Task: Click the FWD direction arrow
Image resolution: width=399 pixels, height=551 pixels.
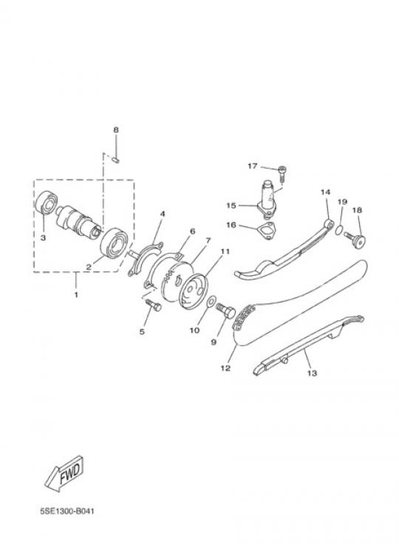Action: tap(64, 474)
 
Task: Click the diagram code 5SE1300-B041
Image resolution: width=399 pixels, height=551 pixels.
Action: tap(67, 510)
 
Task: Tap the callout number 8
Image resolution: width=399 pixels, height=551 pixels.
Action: tap(116, 130)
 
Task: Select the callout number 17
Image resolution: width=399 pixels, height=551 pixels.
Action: tap(252, 166)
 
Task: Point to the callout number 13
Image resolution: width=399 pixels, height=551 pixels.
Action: tap(312, 373)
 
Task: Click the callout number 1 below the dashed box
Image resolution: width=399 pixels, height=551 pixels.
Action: tap(76, 294)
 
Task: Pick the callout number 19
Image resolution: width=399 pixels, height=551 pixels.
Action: tap(342, 202)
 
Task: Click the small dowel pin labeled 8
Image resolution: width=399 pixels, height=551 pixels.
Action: tap(116, 160)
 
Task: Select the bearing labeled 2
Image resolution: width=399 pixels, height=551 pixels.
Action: tap(114, 243)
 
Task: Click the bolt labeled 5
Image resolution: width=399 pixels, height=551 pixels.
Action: tap(153, 305)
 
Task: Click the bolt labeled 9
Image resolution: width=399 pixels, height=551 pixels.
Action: tap(225, 311)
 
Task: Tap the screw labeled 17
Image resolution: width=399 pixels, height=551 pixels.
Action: tap(282, 174)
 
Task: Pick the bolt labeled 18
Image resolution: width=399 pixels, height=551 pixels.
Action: tap(355, 240)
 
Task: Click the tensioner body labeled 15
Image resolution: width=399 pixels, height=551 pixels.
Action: tap(267, 200)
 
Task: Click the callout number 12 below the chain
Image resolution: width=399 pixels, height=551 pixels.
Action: tap(225, 368)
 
